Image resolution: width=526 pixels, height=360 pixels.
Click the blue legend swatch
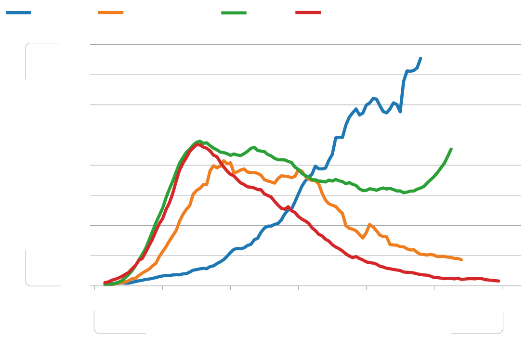(18, 13)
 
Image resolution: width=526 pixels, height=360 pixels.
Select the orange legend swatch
(110, 13)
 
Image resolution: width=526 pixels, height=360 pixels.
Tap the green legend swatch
(234, 13)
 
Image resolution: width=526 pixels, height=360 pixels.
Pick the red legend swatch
(308, 13)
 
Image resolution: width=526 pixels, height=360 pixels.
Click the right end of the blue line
(421, 58)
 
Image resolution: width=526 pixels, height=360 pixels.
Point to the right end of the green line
(451, 149)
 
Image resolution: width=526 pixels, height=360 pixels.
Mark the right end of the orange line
(461, 260)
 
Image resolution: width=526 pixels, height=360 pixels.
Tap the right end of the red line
(499, 281)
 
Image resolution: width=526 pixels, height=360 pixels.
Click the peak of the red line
(197, 144)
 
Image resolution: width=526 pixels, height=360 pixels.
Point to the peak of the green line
(200, 141)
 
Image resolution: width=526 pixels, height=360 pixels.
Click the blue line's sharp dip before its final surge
(400, 112)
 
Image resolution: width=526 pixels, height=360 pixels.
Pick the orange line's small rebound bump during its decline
(369, 224)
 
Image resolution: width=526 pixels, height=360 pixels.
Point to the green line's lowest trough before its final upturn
(404, 193)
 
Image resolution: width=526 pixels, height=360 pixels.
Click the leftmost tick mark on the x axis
(95, 288)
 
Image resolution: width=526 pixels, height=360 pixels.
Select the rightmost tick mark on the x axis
(502, 288)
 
